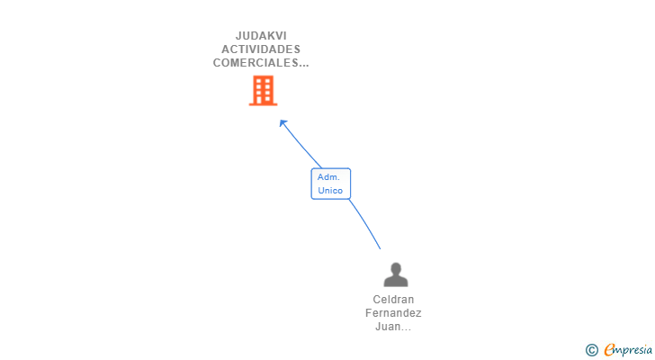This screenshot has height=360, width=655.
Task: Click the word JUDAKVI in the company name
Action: click(261, 36)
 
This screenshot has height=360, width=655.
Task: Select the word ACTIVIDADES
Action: click(261, 49)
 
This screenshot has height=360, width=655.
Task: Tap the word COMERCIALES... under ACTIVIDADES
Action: click(261, 63)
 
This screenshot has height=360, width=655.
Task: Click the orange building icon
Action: click(263, 90)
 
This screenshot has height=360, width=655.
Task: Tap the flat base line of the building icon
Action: click(263, 104)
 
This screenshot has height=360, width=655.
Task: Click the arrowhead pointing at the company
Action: click(283, 123)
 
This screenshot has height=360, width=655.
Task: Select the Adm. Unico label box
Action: click(331, 184)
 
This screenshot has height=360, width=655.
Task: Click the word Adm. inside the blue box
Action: click(328, 177)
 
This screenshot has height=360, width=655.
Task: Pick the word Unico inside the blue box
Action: click(330, 191)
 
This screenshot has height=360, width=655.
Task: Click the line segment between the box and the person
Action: click(365, 224)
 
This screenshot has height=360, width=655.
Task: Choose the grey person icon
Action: click(395, 274)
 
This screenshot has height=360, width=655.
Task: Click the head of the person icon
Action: click(395, 268)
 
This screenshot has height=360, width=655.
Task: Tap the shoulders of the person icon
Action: click(395, 282)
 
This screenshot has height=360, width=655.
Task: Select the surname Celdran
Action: click(393, 300)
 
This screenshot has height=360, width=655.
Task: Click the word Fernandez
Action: click(393, 313)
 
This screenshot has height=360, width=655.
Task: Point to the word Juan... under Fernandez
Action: click(393, 327)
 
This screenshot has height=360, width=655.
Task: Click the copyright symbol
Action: click(591, 349)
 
